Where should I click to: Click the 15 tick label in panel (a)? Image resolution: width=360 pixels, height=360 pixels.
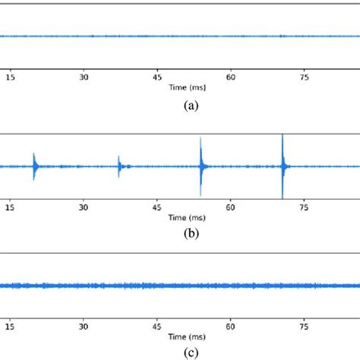coord(10,76)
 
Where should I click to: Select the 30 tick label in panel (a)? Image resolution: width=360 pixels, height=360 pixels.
coord(84,76)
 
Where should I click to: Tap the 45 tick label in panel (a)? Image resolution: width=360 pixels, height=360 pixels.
coord(158,76)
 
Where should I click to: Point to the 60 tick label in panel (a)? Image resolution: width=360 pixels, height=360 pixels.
coord(231,76)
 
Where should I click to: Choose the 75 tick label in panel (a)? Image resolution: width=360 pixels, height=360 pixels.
coord(305,76)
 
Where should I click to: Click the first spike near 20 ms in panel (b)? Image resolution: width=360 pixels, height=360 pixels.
coord(35,164)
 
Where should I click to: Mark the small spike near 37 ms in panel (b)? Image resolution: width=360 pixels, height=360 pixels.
coord(119,165)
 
